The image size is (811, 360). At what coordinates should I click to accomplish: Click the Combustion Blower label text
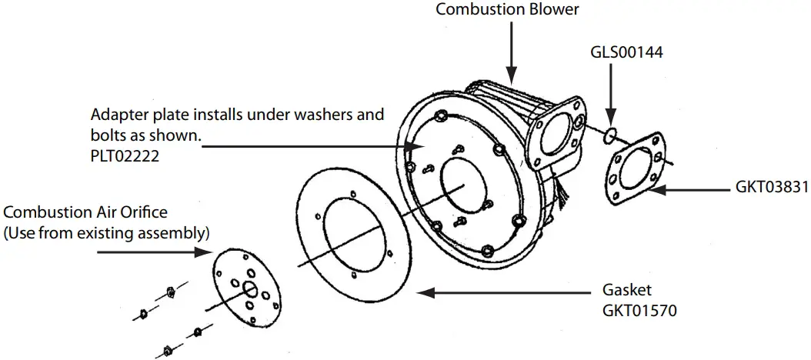coord(507,9)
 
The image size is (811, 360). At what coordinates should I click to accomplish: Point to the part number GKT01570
coord(638,312)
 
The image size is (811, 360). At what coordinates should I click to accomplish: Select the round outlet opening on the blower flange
coord(555,138)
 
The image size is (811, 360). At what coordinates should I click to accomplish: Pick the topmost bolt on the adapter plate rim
coord(442,116)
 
